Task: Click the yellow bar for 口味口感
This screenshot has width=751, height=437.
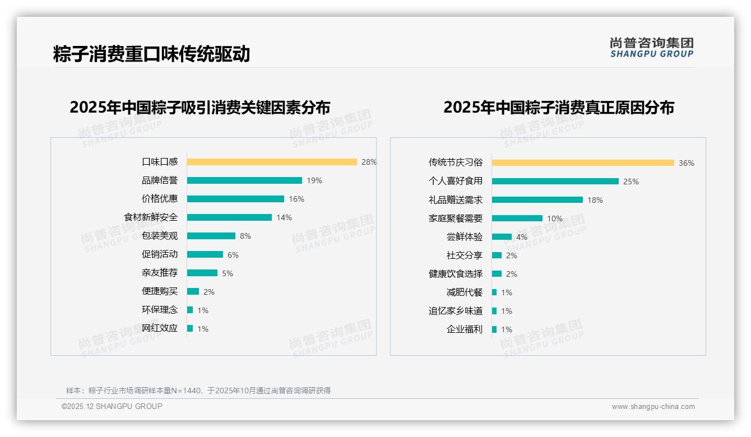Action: [272, 162]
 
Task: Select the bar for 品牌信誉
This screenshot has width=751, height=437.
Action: [244, 180]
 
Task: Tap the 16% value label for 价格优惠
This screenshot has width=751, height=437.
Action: [296, 199]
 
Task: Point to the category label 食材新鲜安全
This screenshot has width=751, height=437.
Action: [151, 217]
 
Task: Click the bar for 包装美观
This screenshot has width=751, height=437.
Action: [211, 236]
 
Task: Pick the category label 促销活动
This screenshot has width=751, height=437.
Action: [160, 254]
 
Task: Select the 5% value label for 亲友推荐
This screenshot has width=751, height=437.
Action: [228, 273]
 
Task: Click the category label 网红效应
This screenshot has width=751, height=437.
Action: [160, 328]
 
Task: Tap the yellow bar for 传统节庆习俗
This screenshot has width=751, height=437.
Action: [583, 163]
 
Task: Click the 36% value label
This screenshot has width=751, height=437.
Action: [687, 163]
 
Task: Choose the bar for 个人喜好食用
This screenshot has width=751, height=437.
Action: [555, 182]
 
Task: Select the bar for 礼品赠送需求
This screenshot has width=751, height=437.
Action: [537, 200]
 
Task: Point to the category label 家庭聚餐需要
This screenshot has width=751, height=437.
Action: [456, 218]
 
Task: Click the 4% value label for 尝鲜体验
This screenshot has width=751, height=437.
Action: [522, 237]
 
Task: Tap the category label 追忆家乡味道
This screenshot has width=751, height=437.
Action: [456, 311]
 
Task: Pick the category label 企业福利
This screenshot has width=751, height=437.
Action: [465, 329]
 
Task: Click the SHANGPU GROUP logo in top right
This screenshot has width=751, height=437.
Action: [652, 48]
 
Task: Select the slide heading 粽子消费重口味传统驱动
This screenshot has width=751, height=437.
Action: [151, 54]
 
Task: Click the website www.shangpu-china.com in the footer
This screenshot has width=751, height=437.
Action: [653, 407]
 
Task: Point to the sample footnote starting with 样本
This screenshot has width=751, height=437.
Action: [198, 390]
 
